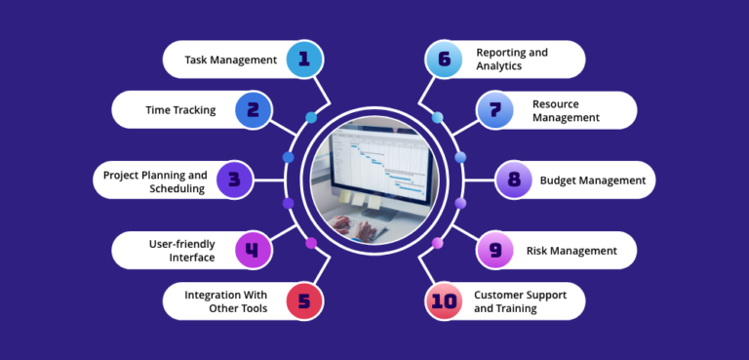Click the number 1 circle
304,60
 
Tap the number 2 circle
253,109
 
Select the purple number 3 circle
234,180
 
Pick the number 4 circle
253,250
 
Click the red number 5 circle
304,300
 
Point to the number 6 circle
444,60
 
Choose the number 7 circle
494,109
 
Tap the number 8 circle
513,180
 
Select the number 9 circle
494,250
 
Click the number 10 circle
444,300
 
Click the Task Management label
231,60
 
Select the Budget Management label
593,180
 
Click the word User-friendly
179,243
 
